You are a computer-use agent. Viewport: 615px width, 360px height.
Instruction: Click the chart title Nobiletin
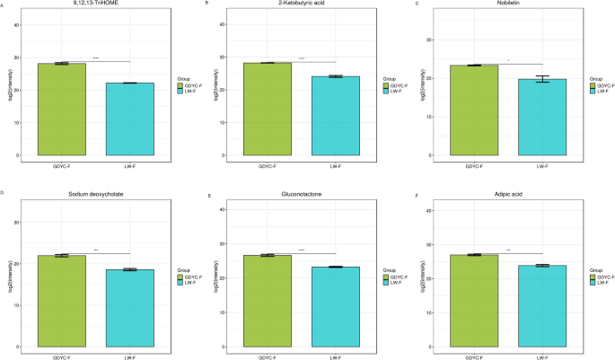coord(507,4)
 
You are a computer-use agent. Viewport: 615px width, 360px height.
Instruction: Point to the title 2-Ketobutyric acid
coord(302,4)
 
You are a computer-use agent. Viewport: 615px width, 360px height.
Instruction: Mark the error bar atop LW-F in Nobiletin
coord(541,79)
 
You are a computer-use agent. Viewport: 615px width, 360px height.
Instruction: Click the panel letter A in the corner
coord(3,4)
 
